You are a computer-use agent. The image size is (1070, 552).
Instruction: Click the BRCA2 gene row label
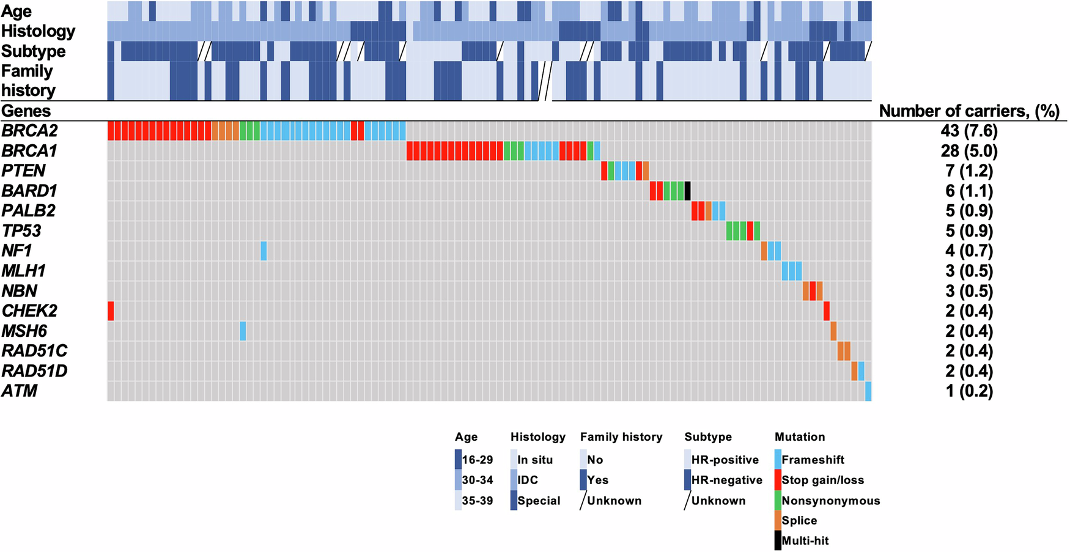point(29,131)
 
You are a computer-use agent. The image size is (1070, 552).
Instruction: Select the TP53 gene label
point(21,231)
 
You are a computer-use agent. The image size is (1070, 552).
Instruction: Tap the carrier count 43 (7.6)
point(969,131)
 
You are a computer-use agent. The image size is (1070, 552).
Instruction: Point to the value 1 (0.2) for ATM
point(969,391)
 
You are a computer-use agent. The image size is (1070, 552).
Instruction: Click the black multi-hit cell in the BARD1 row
point(687,191)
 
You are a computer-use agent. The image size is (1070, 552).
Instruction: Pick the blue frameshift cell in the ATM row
point(868,391)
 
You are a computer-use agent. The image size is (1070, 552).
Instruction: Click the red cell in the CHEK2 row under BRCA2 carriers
point(111,311)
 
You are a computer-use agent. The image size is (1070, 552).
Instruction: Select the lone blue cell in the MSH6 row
point(243,331)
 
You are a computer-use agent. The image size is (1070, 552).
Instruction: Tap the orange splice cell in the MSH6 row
point(833,331)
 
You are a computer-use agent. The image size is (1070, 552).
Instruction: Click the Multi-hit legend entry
point(805,540)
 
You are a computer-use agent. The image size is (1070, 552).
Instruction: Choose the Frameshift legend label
point(813,460)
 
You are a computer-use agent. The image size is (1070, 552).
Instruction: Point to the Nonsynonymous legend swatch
point(778,501)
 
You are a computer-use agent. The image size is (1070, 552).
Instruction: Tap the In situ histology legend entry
point(534,460)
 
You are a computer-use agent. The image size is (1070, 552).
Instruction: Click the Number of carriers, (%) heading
point(969,111)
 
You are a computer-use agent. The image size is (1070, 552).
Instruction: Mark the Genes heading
point(26,111)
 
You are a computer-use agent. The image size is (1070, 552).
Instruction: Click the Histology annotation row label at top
point(38,31)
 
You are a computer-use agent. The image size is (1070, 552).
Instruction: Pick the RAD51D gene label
point(34,371)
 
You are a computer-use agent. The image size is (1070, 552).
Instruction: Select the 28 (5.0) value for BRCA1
point(969,151)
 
